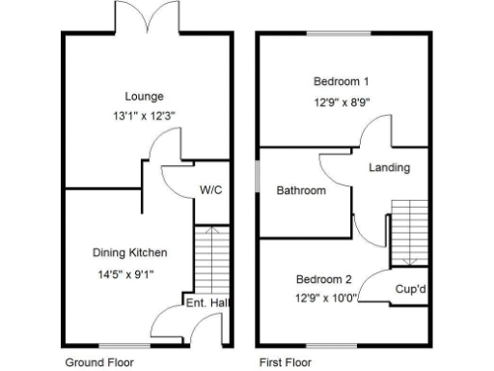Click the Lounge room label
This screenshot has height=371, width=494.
pos(144,97)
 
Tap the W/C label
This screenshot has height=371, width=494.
pos(211,189)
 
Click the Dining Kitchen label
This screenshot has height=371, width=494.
pos(130,253)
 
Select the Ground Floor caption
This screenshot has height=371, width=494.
pos(99,363)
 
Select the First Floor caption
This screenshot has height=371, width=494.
pos(286,363)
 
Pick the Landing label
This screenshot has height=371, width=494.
pos(389,167)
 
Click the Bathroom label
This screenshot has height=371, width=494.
pos(301,190)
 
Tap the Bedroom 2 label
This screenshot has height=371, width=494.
pos(323,279)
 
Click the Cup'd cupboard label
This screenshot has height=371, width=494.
pos(412,289)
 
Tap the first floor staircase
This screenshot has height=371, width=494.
pos(408,232)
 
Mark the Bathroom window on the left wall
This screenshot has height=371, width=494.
pos(258,179)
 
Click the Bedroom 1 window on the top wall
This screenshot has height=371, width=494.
pos(342,35)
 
